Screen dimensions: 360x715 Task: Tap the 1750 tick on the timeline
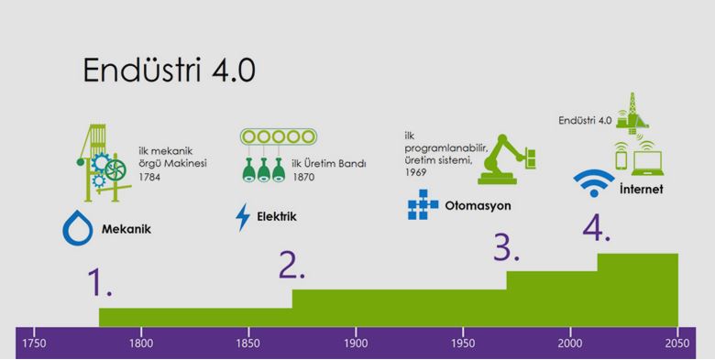point(34,342)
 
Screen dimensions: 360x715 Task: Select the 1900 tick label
point(356,342)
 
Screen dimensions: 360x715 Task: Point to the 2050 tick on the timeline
point(677,342)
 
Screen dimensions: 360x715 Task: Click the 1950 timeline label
point(463,342)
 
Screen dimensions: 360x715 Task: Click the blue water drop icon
point(77,228)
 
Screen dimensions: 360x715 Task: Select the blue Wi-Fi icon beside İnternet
point(594,181)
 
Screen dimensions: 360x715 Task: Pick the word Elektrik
point(277,217)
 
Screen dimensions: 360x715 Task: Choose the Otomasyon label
point(478,205)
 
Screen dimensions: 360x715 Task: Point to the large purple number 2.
point(291,263)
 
